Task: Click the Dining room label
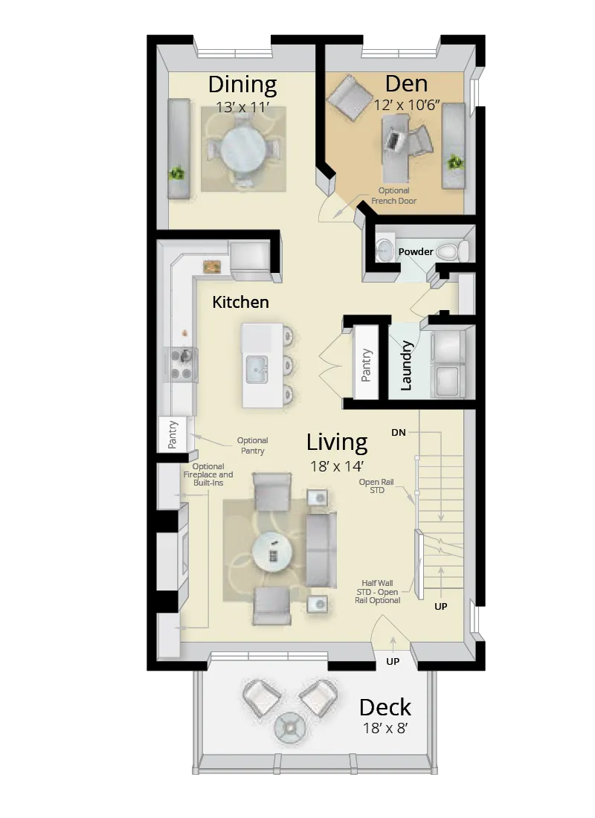coord(242,84)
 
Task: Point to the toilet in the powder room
coord(453,251)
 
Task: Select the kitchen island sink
coord(257,367)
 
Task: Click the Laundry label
coord(406,365)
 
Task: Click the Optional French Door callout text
coord(394,196)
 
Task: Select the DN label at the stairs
coord(399,432)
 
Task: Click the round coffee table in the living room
coord(272,553)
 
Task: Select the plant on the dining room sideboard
coord(177,173)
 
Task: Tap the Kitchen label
coord(240,302)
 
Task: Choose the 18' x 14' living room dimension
coord(337,466)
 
